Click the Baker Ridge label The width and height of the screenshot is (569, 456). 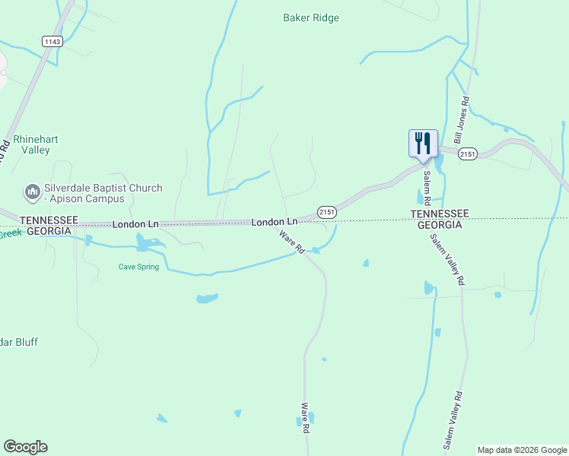pyautogui.click(x=311, y=17)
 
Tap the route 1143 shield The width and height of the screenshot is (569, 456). pyautogui.click(x=52, y=41)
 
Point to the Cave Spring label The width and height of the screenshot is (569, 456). pyautogui.click(x=138, y=267)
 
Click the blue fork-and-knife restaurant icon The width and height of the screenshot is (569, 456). pyautogui.click(x=423, y=143)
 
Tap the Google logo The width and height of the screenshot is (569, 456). pyautogui.click(x=25, y=447)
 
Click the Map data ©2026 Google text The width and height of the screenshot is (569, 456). pyautogui.click(x=522, y=450)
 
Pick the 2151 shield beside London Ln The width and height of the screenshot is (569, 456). pyautogui.click(x=326, y=211)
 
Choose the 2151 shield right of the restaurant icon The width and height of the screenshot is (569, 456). pyautogui.click(x=468, y=154)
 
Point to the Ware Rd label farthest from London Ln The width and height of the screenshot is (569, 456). pyautogui.click(x=305, y=418)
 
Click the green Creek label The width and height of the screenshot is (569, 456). pyautogui.click(x=11, y=233)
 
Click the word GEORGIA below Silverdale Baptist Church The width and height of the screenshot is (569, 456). pyautogui.click(x=49, y=230)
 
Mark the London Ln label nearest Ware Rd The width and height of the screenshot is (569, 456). pyautogui.click(x=275, y=222)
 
